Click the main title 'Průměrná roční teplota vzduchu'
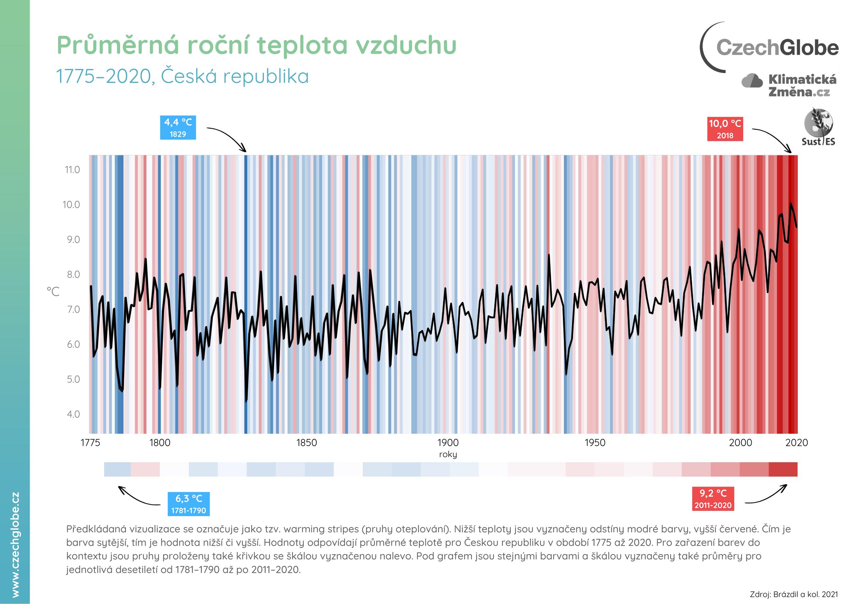point(256,45)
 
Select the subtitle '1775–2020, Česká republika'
point(183,76)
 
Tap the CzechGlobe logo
point(769,47)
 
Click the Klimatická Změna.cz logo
point(790,85)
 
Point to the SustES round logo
point(818,126)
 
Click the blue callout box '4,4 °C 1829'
point(178,127)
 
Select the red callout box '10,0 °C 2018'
point(725,129)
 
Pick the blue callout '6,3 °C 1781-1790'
point(189,504)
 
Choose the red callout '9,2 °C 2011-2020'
point(713,499)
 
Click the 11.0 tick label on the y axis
point(72,170)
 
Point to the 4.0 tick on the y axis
point(73,414)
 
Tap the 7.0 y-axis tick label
point(73,310)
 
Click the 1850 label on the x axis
point(306,443)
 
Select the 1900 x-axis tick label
point(448,443)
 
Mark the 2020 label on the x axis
point(796,443)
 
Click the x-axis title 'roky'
point(448,454)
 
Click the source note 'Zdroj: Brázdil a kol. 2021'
point(794,594)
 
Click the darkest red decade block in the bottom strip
point(783,469)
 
